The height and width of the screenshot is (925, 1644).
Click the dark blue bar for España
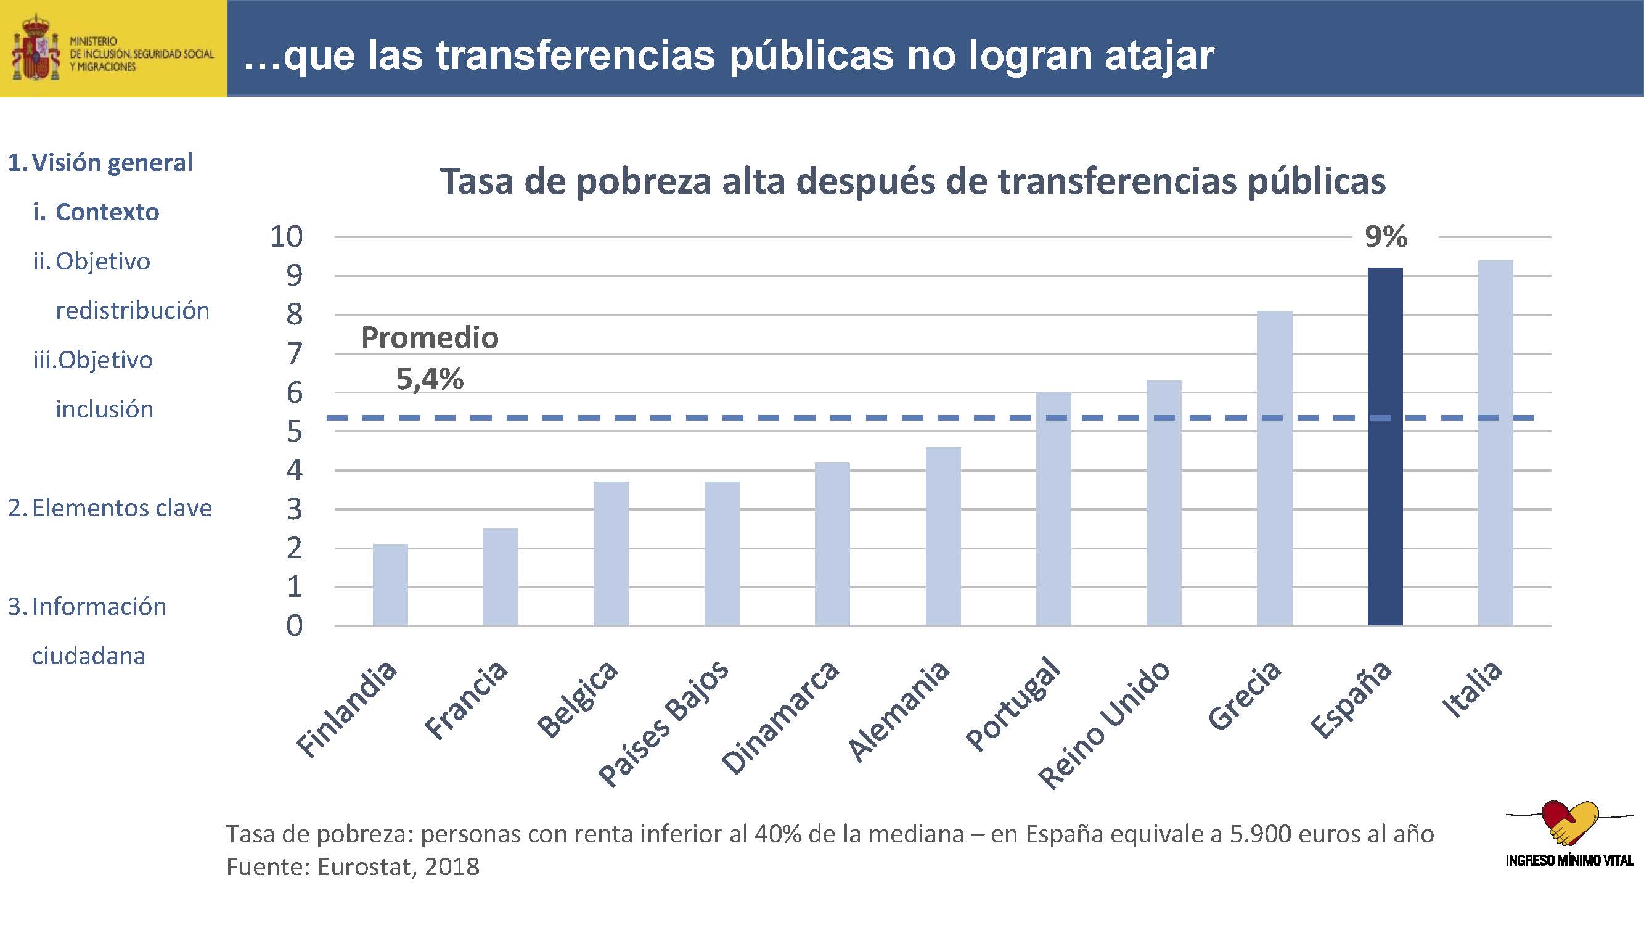click(1385, 447)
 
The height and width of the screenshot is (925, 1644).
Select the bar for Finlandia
click(390, 585)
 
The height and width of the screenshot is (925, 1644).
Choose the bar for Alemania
click(943, 536)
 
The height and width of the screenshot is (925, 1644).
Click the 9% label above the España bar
click(1386, 237)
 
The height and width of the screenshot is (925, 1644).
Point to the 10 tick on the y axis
click(286, 237)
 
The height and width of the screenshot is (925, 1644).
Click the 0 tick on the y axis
click(293, 625)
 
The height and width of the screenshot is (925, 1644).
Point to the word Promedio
click(430, 338)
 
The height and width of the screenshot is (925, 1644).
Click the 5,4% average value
click(430, 379)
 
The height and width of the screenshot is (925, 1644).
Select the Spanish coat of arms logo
click(36, 49)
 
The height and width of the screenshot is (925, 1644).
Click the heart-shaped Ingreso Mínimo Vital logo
click(1569, 823)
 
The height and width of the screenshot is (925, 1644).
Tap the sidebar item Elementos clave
click(121, 508)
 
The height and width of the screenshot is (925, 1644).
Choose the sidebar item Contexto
click(107, 212)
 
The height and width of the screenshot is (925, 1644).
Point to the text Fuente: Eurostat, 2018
click(353, 867)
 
